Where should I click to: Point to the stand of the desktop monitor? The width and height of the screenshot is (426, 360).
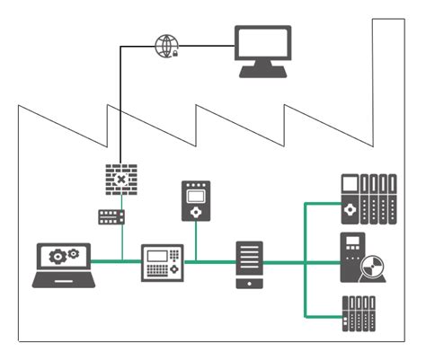tap(262, 72)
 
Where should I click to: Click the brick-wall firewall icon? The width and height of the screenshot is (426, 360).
tap(120, 180)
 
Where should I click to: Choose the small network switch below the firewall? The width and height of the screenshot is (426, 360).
tap(112, 216)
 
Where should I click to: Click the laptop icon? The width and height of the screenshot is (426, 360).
tap(63, 264)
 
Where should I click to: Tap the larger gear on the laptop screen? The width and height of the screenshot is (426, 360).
tap(57, 256)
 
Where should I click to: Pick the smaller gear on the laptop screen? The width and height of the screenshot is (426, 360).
tap(72, 254)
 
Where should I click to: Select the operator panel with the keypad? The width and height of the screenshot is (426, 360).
tap(162, 263)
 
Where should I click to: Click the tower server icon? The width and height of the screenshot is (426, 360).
tap(249, 264)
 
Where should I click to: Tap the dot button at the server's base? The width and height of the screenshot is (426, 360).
tap(249, 285)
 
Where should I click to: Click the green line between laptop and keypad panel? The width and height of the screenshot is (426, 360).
tap(118, 262)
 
